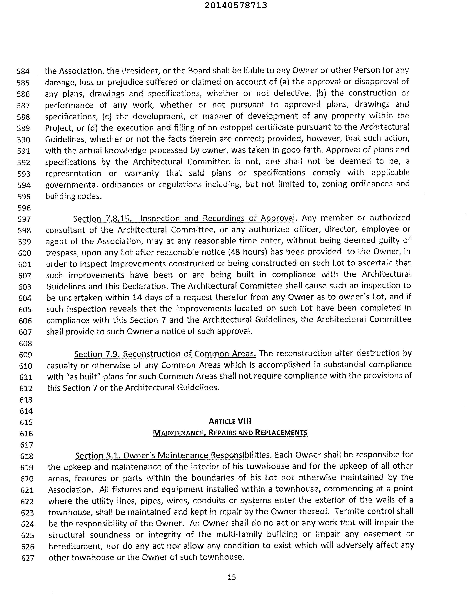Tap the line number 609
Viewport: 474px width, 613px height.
(x=26, y=355)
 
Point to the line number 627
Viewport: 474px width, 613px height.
(x=28, y=558)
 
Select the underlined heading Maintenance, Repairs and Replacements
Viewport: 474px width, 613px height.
(x=230, y=433)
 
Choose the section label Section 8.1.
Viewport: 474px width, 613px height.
(x=98, y=455)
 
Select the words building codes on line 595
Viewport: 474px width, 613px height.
(x=73, y=196)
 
